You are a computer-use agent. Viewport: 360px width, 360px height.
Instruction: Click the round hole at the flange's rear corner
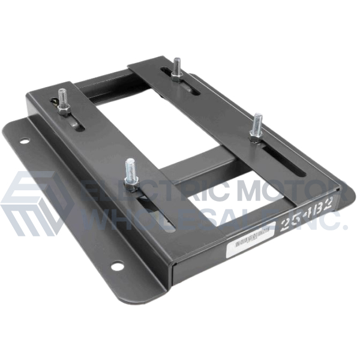[24, 141]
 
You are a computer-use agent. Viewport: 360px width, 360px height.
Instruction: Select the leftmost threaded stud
[63, 100]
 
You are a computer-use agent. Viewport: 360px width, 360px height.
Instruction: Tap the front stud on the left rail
[131, 174]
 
